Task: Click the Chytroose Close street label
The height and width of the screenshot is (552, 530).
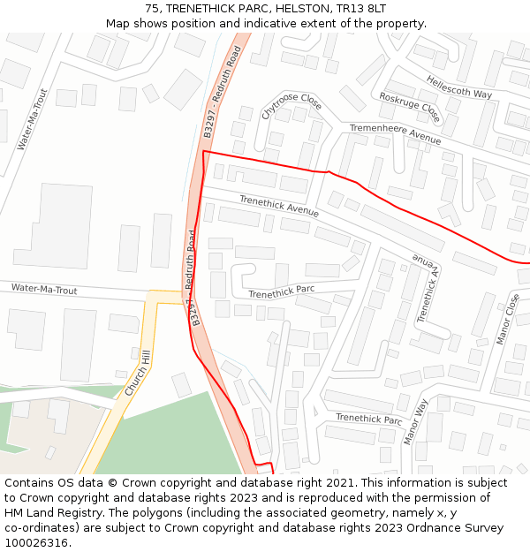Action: coord(292,106)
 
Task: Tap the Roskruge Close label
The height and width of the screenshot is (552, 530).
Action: coord(409,108)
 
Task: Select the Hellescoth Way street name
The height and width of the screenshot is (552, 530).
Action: coord(459,87)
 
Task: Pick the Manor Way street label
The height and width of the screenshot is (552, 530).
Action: coord(415,421)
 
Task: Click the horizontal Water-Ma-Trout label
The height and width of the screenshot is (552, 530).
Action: coord(44,290)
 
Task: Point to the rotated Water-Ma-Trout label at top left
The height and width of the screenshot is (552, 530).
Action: coord(33,119)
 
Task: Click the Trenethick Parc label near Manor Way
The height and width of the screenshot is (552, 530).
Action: coord(368,419)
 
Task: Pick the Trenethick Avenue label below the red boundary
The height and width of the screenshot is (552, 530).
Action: coord(279,207)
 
